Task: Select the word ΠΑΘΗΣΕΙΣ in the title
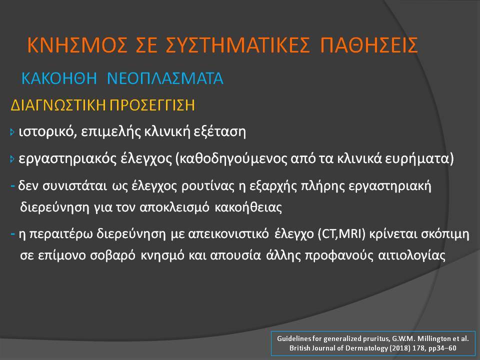click(369, 45)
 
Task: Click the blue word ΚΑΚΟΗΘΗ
click(59, 78)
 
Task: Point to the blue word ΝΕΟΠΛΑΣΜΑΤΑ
click(165, 78)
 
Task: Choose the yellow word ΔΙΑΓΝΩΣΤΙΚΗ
click(58, 105)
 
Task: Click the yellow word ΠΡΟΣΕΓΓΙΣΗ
click(152, 105)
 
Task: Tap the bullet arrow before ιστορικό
click(12, 132)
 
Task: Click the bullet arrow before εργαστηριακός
click(12, 159)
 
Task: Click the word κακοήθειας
click(248, 207)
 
